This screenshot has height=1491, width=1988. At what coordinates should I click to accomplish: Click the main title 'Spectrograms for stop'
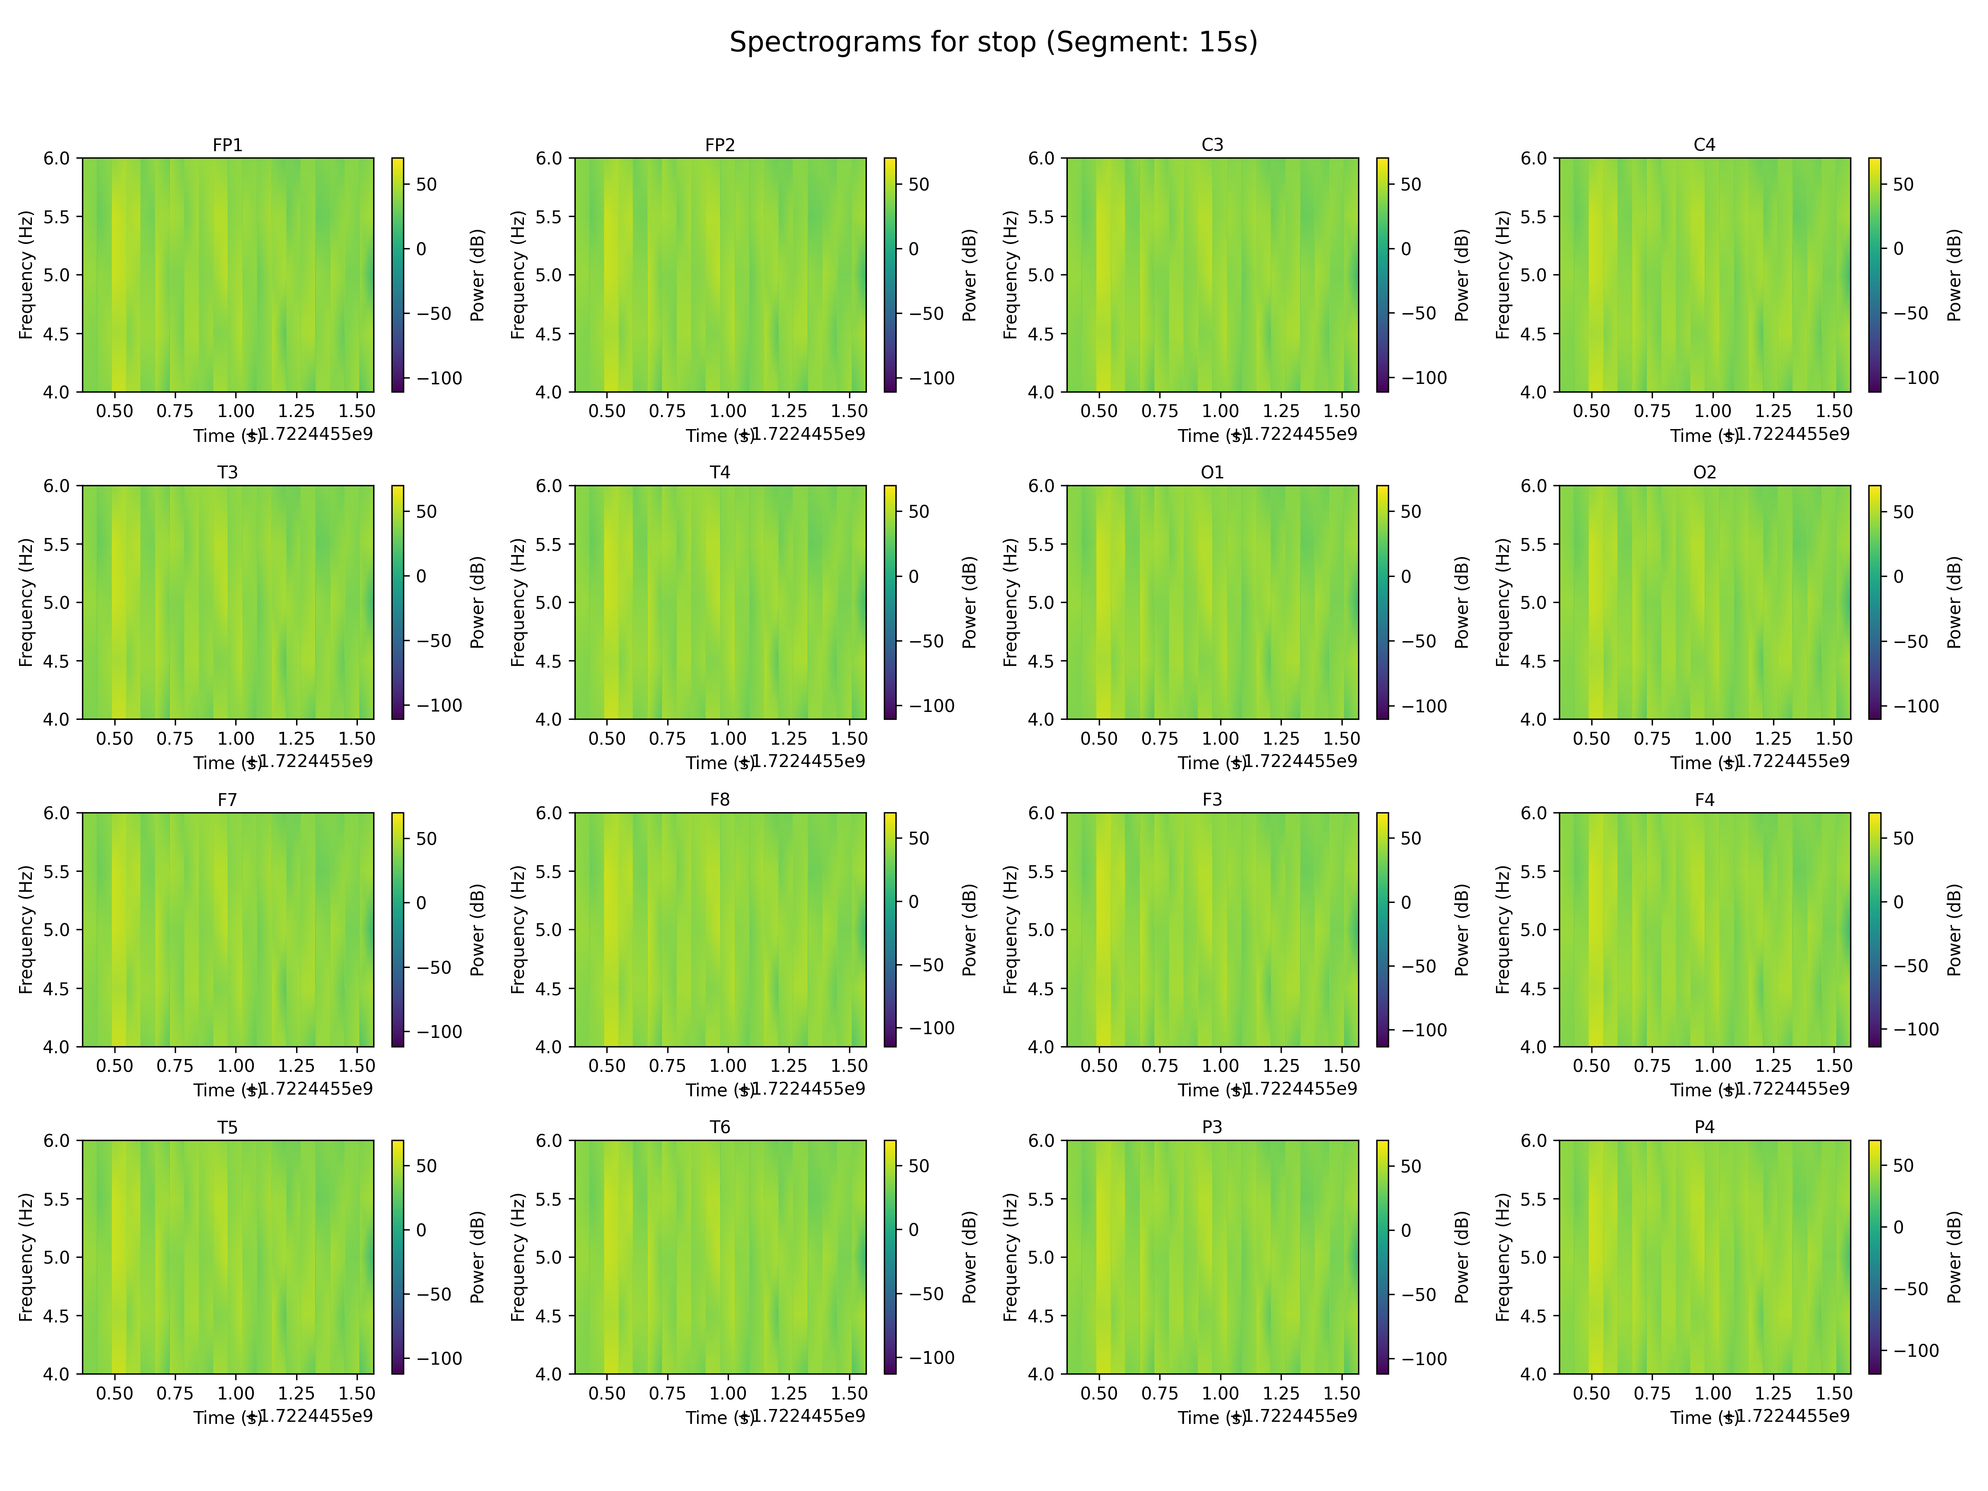pos(993,42)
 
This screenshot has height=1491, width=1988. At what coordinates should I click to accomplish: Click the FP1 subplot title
pos(227,145)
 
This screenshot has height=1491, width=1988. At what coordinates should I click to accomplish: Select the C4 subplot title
pos(1704,145)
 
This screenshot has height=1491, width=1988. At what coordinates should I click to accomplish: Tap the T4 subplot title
pos(720,472)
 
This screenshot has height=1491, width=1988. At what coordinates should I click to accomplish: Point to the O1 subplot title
pos(1211,472)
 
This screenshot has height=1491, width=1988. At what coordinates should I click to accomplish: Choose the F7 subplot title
pos(227,799)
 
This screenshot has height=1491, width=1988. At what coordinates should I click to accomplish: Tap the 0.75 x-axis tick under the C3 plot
pos(1159,411)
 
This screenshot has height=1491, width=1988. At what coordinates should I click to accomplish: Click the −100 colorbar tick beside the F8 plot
pos(931,1028)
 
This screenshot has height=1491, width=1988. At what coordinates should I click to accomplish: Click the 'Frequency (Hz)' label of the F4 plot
pos(1503,929)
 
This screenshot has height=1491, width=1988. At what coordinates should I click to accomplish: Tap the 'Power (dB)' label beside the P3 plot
pos(1461,1257)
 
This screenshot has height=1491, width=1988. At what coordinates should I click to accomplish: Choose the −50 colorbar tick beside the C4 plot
pos(1911,314)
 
